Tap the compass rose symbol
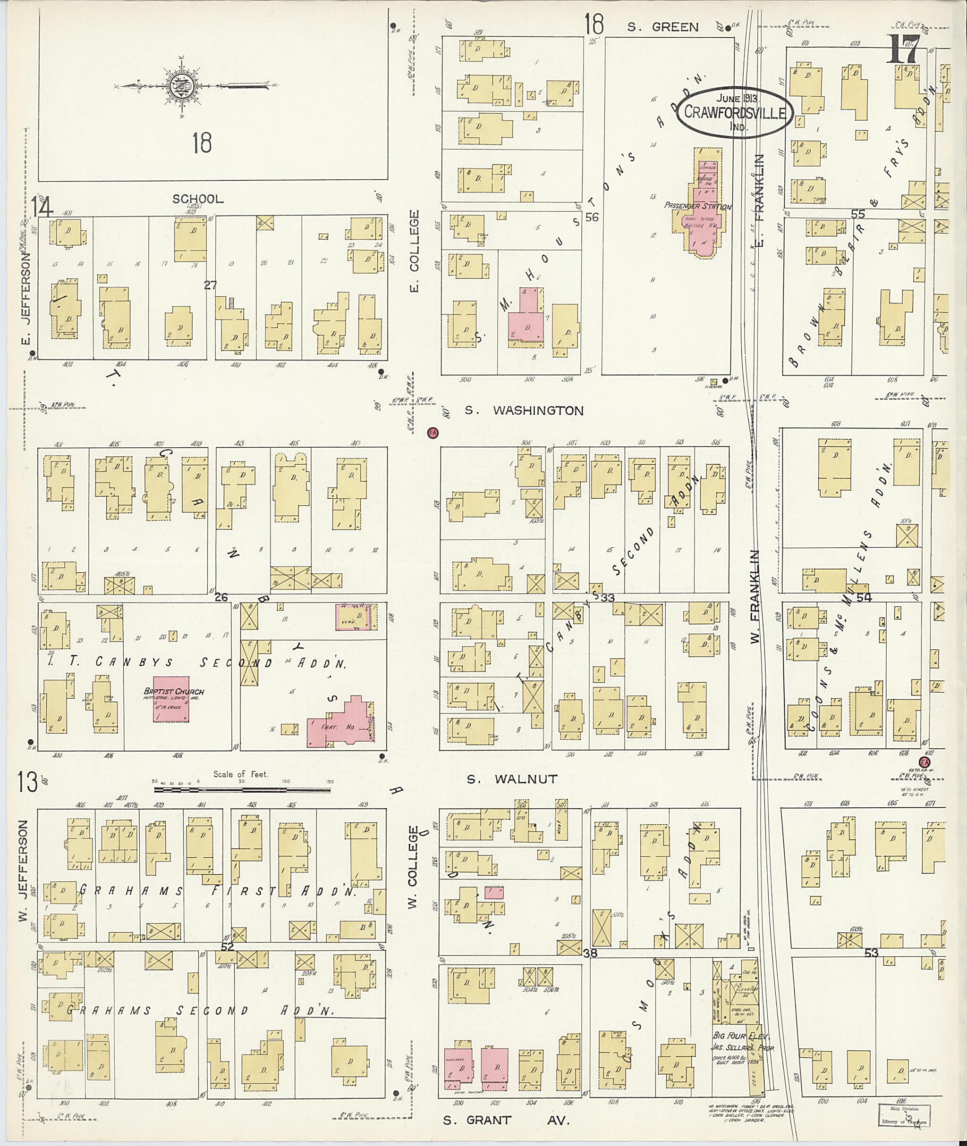(180, 86)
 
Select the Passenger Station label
(697, 207)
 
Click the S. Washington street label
(524, 411)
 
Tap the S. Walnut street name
(512, 778)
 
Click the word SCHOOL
(198, 199)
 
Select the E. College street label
(414, 251)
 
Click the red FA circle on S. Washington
(433, 432)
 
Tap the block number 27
(211, 285)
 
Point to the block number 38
(590, 953)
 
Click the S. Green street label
(663, 27)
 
